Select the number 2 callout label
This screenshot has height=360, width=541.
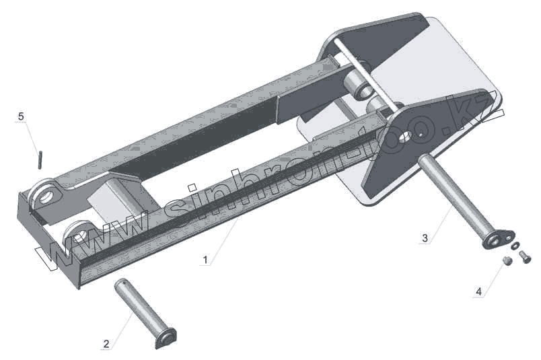tap(106, 344)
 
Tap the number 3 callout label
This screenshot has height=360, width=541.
tap(425, 238)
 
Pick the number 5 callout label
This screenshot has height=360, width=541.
tap(21, 116)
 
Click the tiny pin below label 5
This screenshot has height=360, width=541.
tap(40, 159)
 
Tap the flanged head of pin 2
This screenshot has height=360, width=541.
tap(166, 338)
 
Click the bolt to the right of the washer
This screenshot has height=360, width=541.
tap(526, 254)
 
